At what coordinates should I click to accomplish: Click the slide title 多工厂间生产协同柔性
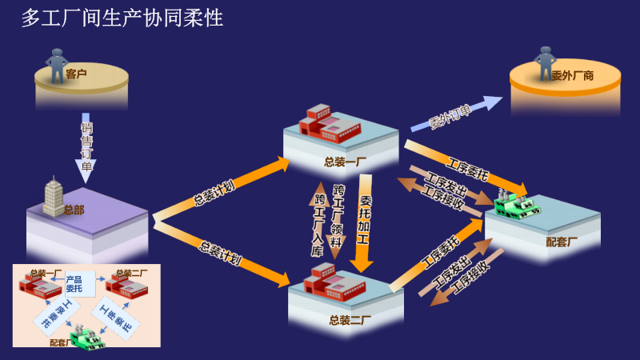coord(122,18)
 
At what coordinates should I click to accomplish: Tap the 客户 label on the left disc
coord(77,74)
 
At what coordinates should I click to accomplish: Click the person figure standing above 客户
coord(57,65)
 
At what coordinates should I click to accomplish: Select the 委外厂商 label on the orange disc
coord(572,76)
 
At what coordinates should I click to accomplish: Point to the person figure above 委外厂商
coord(546,62)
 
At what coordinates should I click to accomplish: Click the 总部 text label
coord(74,210)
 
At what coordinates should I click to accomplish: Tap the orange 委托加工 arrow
coord(364,224)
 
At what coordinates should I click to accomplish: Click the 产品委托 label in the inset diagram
coord(74,283)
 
